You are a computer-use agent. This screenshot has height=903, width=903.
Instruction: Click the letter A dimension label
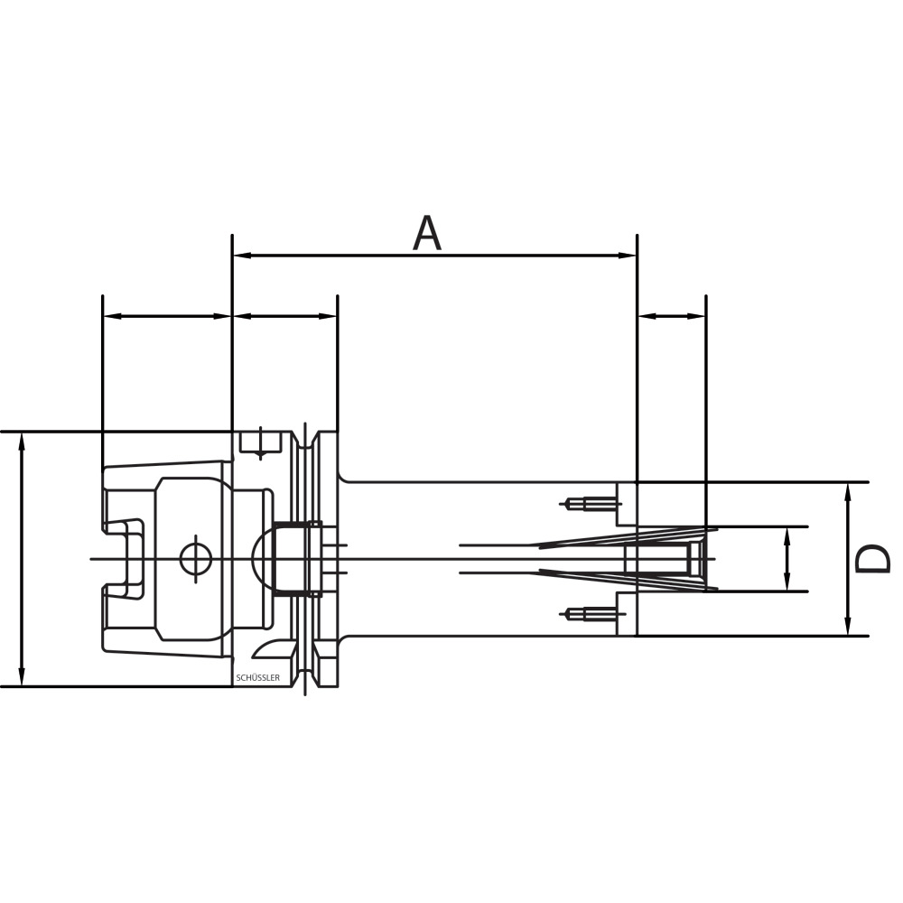pyautogui.click(x=427, y=234)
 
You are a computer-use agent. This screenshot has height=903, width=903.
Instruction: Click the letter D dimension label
pyautogui.click(x=873, y=559)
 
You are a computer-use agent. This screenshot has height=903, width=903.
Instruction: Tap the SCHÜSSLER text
pyautogui.click(x=258, y=678)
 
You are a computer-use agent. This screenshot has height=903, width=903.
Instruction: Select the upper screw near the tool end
pyautogui.click(x=591, y=504)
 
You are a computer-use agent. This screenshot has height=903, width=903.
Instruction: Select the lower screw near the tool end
pyautogui.click(x=591, y=614)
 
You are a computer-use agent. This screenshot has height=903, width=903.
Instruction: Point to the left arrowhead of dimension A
pyautogui.click(x=242, y=256)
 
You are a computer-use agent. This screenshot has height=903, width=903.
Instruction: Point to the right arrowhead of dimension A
pyautogui.click(x=627, y=256)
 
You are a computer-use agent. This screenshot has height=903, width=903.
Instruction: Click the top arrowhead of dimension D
pyautogui.click(x=848, y=492)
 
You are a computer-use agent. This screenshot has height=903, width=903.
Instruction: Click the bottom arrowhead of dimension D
pyautogui.click(x=848, y=626)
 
